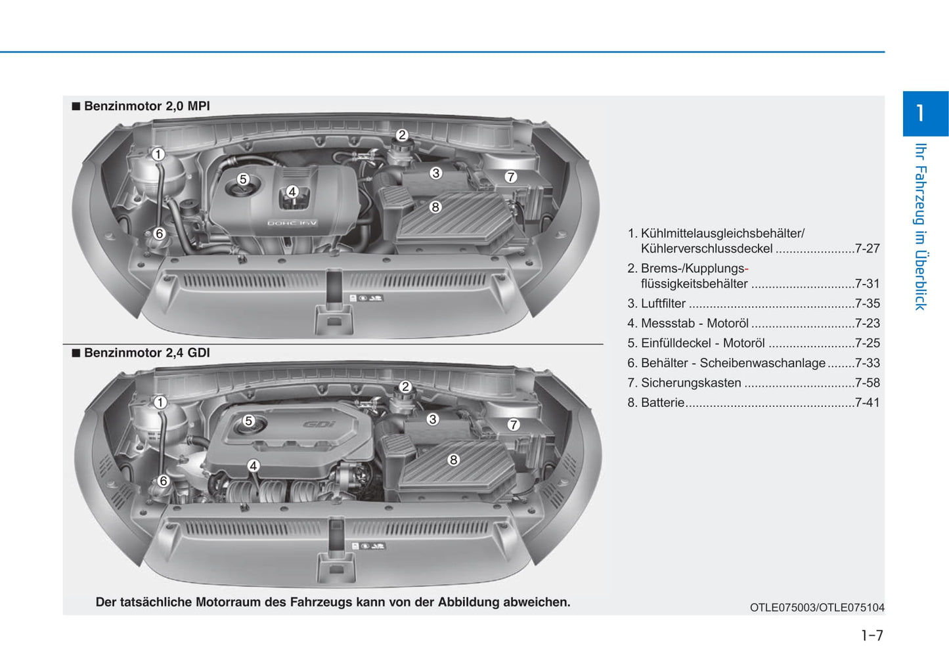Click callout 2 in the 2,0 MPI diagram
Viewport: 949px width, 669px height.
tap(402, 135)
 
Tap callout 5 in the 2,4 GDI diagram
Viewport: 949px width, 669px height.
tap(249, 421)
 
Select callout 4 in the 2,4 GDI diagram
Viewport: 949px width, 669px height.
tap(254, 465)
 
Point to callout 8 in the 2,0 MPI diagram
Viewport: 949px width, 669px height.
tap(435, 207)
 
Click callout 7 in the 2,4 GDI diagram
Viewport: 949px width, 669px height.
tap(514, 424)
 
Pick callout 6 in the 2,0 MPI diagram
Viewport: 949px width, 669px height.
tap(160, 233)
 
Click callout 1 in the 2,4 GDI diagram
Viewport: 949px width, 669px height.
tap(160, 402)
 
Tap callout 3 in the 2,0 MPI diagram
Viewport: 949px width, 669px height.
tap(435, 173)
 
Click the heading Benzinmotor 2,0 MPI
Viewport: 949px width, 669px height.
tap(146, 106)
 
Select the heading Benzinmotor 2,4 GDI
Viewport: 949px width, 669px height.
tap(146, 353)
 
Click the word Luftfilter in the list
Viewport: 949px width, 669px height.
tap(663, 303)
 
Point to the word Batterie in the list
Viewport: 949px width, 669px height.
tap(663, 402)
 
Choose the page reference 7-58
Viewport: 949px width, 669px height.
tap(867, 383)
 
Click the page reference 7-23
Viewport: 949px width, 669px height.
tap(867, 323)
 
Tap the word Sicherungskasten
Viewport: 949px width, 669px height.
tap(691, 383)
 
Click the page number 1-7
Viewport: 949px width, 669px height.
tap(872, 635)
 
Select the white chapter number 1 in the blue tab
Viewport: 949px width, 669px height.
tap(919, 113)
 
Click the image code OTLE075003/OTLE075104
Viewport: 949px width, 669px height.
tap(817, 607)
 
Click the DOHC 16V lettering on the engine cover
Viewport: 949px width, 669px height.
tap(292, 223)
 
